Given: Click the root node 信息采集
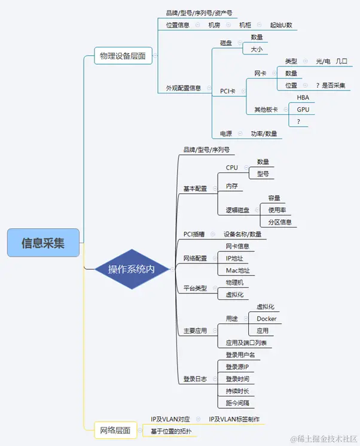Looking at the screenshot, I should pos(43,242).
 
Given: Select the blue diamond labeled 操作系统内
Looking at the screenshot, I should pos(131,269).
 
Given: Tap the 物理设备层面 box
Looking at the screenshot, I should pos(123,56).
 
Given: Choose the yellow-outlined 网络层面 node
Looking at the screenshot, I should pos(116,430).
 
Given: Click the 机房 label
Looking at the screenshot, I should pos(214,25).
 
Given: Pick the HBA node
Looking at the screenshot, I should pos(303,98).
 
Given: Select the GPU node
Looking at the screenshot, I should pos(303,110).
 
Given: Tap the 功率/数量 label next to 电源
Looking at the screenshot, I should pos(264,134).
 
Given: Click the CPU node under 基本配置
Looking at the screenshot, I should pos(232,168).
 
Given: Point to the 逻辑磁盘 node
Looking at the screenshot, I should pos(237,210).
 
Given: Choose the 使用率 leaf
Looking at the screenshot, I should pos(277,210).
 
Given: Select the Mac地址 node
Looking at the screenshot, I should pos(237,271).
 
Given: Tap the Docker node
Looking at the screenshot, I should pos(266,318).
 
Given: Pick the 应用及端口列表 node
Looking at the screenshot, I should pos(245,343).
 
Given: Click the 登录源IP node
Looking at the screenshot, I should pos(237,366).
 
